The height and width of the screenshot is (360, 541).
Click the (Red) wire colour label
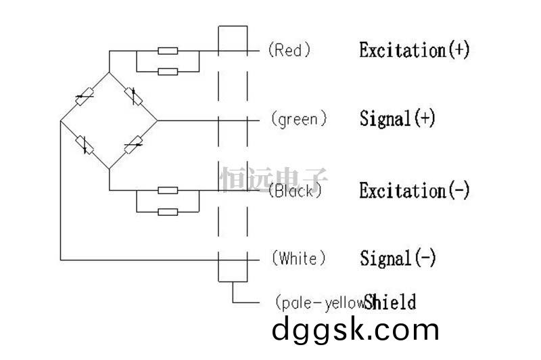289,50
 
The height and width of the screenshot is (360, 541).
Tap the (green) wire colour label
299,120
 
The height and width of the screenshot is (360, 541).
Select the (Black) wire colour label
295,191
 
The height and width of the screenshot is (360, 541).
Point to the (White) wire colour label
299,258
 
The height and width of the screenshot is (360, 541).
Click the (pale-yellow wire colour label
320,302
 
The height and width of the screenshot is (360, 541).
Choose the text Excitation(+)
415,50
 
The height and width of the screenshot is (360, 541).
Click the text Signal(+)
398,118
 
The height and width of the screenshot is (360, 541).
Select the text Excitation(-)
415,190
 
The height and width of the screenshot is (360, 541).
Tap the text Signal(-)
398,258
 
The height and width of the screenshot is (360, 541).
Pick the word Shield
390,302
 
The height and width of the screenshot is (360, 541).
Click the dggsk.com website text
356,331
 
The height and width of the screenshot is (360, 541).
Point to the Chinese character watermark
274,179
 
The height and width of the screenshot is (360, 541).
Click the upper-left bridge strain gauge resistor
85,96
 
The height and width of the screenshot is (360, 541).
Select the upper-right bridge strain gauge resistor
133,96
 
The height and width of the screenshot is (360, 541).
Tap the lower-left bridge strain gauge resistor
85,145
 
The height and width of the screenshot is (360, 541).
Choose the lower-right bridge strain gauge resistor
133,145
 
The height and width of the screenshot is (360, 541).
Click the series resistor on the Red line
168,51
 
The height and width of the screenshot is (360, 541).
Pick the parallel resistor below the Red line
168,72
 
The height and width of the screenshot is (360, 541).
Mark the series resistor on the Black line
168,190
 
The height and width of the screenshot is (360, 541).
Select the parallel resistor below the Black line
168,212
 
